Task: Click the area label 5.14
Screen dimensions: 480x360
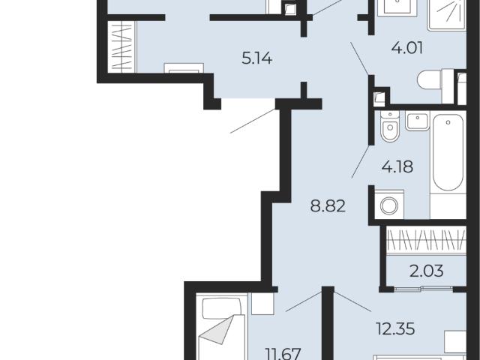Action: tap(256, 58)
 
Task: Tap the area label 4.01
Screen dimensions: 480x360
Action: tap(407, 48)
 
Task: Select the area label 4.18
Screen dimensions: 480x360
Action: tap(397, 166)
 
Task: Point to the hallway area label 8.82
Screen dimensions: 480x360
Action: tap(328, 205)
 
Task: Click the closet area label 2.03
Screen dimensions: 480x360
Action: tap(427, 271)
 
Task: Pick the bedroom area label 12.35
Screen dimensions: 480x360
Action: tap(395, 329)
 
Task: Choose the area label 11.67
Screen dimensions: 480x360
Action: tap(283, 354)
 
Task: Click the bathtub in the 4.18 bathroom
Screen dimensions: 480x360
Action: tap(448, 152)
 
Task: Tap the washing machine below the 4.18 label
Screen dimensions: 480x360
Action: tap(389, 205)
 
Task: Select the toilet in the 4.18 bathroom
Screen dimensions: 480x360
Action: tap(390, 127)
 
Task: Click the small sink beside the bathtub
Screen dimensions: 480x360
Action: tap(417, 121)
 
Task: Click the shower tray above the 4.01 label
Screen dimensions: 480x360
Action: tap(447, 15)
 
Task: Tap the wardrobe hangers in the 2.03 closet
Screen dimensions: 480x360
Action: tap(426, 240)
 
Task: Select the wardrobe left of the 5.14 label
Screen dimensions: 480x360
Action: tap(121, 46)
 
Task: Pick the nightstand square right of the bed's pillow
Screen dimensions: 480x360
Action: tap(262, 303)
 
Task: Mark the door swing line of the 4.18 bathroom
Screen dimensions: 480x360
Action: tap(361, 162)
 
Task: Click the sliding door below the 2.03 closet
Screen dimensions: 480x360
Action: tap(423, 287)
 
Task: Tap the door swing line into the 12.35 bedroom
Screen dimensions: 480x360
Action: tap(352, 301)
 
